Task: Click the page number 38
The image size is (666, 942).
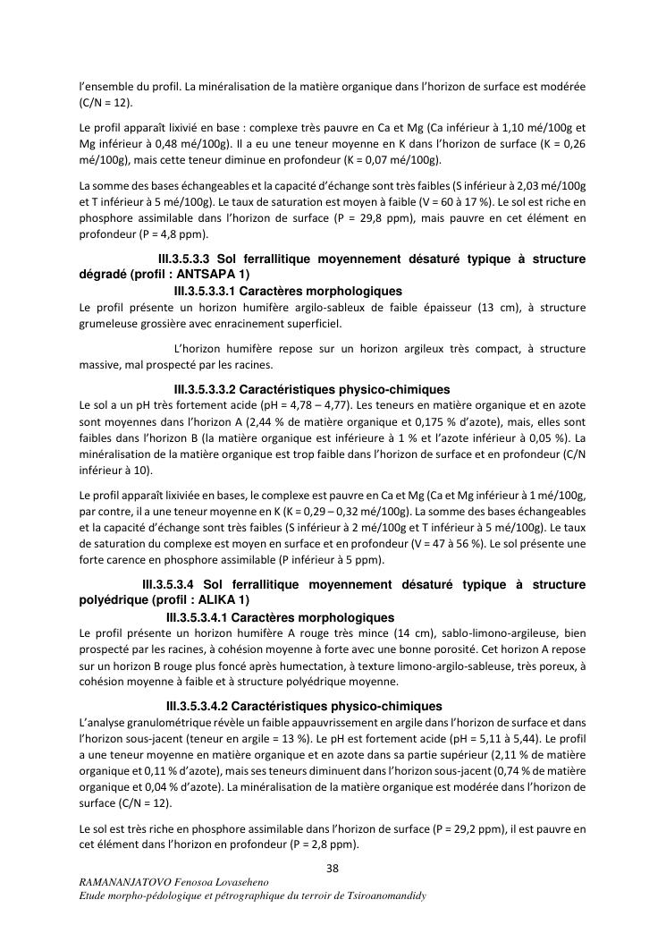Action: (x=332, y=868)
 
